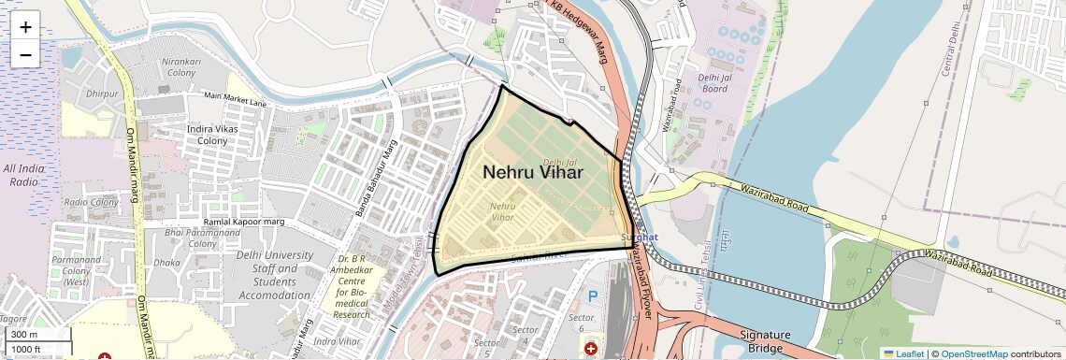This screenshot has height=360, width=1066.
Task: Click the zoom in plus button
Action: coord(25,27)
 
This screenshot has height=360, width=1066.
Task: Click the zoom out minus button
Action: coord(25,55)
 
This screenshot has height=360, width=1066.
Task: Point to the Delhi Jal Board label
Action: coord(714,82)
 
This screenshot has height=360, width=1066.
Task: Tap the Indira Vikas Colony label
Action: coord(212,134)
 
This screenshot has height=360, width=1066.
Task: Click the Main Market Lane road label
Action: coord(235,96)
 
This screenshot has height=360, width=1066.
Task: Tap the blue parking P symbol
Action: coord(591,295)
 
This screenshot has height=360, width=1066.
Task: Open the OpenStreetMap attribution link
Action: coord(973,353)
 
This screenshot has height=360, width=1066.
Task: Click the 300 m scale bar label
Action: coord(25,335)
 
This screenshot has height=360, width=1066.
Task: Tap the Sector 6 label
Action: coord(581,323)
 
